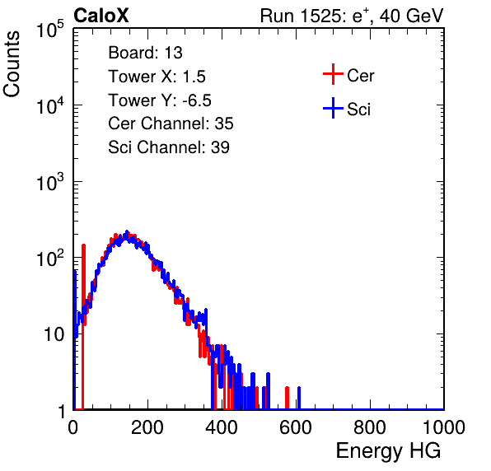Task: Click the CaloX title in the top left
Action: [x=101, y=16]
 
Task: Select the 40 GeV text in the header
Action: [x=411, y=16]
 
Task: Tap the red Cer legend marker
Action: [x=333, y=74]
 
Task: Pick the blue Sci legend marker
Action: [x=333, y=108]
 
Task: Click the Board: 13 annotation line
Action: [x=145, y=53]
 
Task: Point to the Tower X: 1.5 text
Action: [x=157, y=77]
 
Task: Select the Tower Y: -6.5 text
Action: [x=160, y=100]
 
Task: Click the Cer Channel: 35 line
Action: [x=171, y=124]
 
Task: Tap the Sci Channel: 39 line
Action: [x=169, y=147]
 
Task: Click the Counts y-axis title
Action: [x=12, y=64]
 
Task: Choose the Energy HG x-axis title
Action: [x=388, y=451]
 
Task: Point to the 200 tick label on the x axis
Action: [x=147, y=427]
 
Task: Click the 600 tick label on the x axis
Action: [x=296, y=427]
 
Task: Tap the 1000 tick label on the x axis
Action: [x=444, y=427]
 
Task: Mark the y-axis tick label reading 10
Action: [x=54, y=335]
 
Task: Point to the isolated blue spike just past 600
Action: [x=299, y=398]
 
